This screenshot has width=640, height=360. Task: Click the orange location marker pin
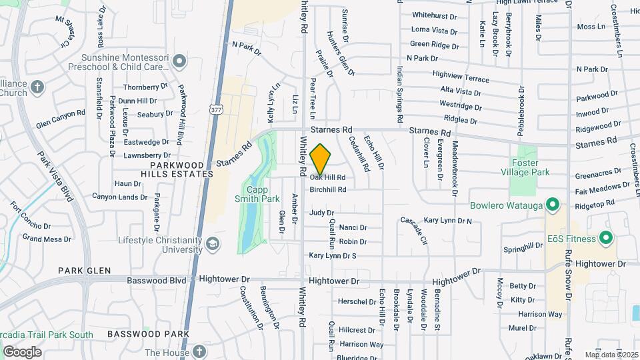click(321, 159)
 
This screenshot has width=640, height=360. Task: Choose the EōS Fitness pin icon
click(606, 237)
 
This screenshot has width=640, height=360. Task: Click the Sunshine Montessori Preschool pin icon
click(178, 62)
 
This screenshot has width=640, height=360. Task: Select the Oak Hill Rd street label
click(327, 177)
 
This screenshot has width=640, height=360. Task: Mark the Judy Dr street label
click(321, 213)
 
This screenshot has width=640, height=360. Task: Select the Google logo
click(22, 351)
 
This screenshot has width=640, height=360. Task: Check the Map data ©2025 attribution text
click(611, 355)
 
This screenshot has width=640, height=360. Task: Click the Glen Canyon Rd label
click(61, 123)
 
